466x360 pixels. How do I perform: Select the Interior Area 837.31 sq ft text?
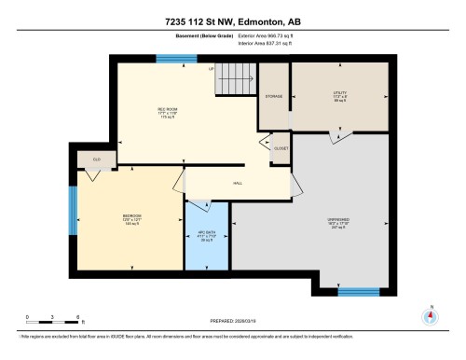point(267,44)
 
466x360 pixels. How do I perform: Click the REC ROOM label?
point(142,110)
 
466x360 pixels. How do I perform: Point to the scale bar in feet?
point(52,318)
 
